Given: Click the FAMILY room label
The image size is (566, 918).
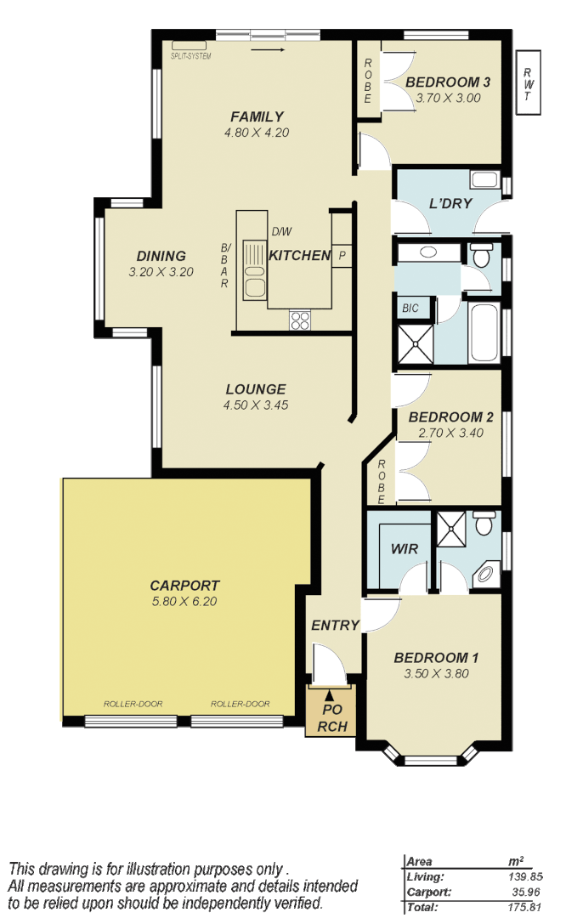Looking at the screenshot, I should pos(257,116).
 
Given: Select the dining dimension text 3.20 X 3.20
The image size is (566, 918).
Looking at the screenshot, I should pos(161,273).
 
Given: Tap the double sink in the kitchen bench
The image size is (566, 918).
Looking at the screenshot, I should pos(254,269).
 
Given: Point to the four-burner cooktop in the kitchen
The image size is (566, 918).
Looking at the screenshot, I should pos(300,320).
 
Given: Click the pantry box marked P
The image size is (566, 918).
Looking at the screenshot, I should pos(342,255).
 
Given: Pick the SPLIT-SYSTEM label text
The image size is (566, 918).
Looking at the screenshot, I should pos(190,56).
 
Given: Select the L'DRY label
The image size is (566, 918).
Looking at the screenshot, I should pos(450,204).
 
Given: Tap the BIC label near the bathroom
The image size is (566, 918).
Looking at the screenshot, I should pos(410,307).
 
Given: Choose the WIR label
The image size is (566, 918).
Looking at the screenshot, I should pos(405,549).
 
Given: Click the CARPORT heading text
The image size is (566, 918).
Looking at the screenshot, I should pos(184,586).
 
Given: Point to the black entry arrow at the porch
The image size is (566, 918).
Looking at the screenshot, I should pos(330,697).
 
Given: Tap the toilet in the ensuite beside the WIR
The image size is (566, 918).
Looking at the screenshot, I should pos(484,524).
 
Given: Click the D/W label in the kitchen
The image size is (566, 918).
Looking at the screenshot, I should pos(281,232).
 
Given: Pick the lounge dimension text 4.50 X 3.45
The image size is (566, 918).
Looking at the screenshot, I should pos(256,405).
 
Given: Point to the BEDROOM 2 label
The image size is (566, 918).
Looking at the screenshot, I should pos(451,417).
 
